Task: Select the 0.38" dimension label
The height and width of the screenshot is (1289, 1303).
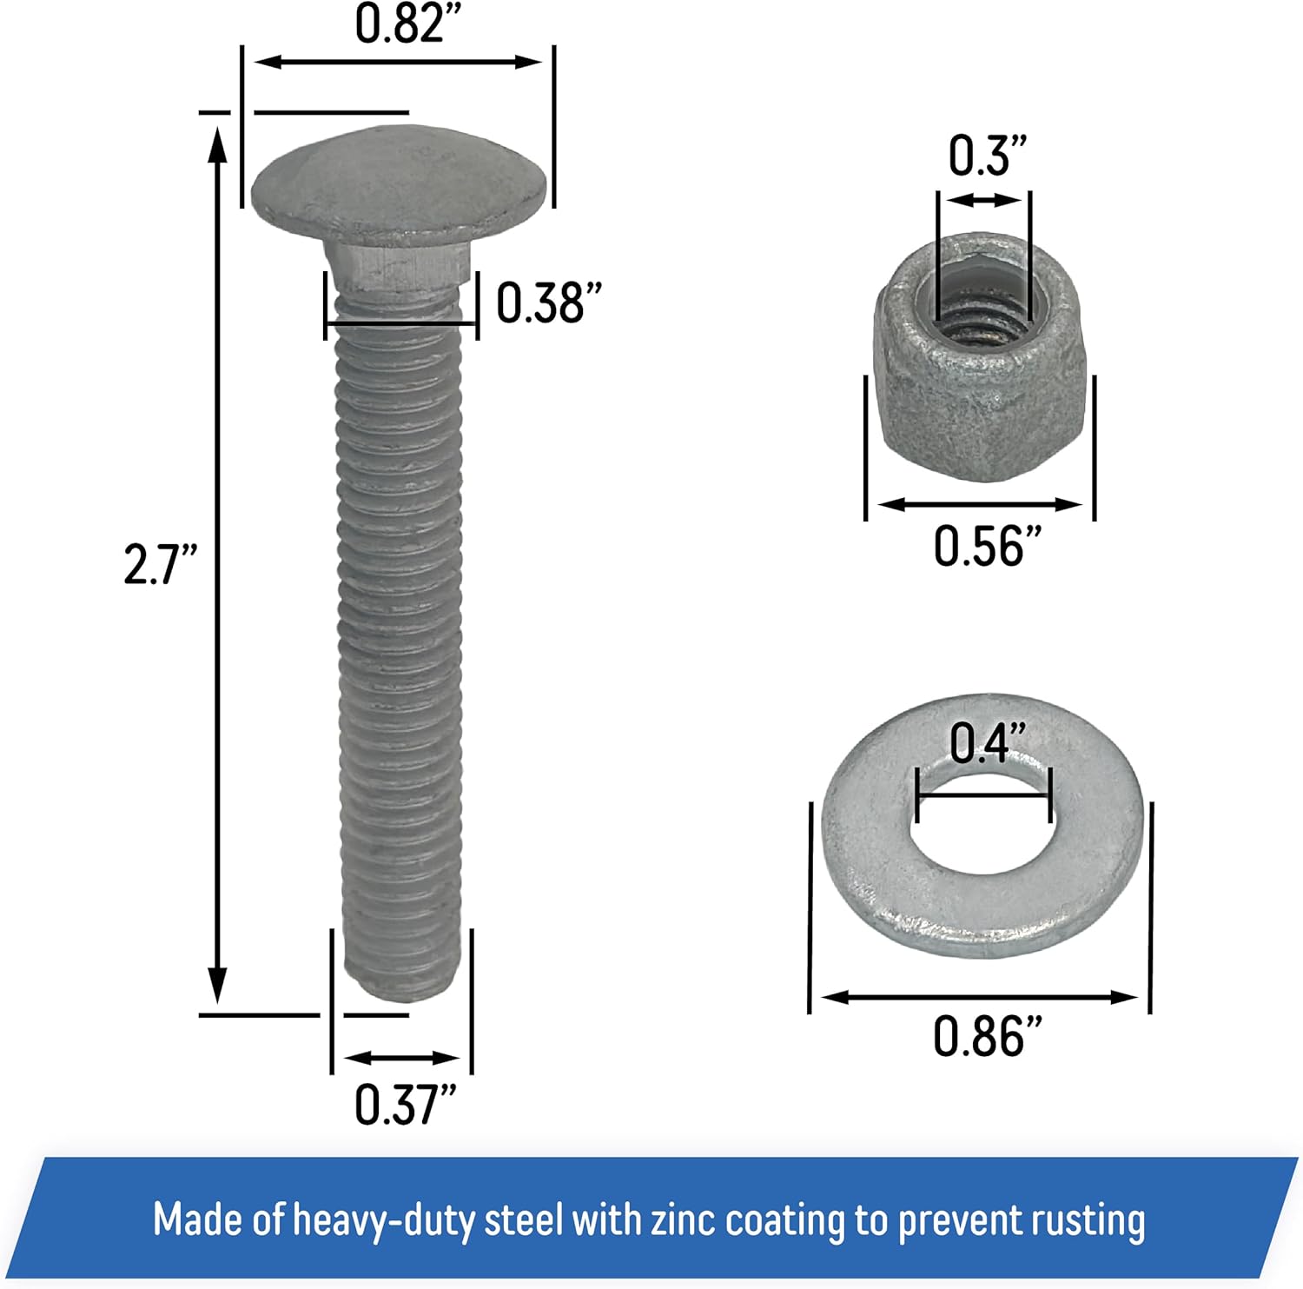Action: coord(548,303)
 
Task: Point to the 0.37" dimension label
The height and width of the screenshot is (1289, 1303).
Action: coord(405,1104)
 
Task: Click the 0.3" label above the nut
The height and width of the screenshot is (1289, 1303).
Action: coord(987,156)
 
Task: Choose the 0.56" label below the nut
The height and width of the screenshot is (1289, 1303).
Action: coord(987,546)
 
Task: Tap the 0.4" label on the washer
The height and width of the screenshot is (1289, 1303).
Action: coord(987,744)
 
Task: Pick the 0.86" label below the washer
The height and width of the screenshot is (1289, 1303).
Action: coord(987,1036)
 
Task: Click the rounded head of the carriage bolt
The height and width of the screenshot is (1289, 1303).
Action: coord(400,187)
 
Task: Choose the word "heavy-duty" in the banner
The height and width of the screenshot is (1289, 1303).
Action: coord(386,1219)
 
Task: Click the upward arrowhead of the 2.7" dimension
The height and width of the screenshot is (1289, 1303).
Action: coord(217,143)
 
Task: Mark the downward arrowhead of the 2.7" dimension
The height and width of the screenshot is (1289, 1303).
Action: coord(217,987)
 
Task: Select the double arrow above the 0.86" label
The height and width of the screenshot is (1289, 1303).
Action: coord(979,997)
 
